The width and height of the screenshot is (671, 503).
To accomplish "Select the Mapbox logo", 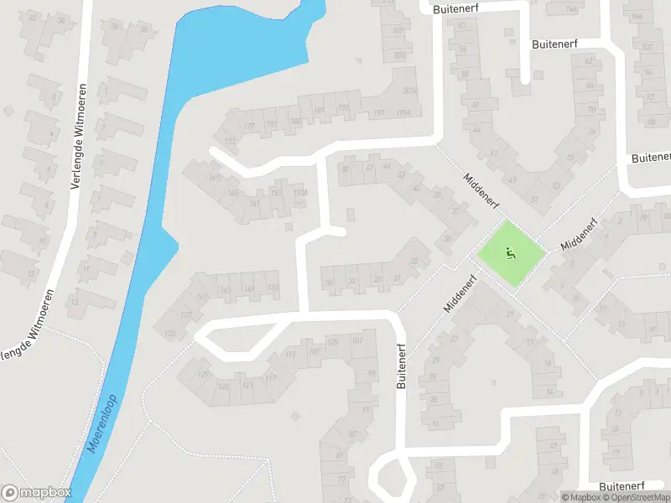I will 36,493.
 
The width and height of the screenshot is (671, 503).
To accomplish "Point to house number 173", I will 230,141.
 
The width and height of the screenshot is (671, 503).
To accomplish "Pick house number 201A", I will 409,91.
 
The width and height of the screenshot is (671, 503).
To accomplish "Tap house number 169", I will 214,177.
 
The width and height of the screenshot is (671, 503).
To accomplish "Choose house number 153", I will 273,288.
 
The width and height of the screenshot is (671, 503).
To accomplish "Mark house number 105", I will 333,342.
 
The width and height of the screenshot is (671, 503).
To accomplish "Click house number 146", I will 573,9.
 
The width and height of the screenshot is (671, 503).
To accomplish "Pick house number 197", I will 379,113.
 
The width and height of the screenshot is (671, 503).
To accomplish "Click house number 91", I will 366,410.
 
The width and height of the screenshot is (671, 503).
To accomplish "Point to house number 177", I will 248,127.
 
